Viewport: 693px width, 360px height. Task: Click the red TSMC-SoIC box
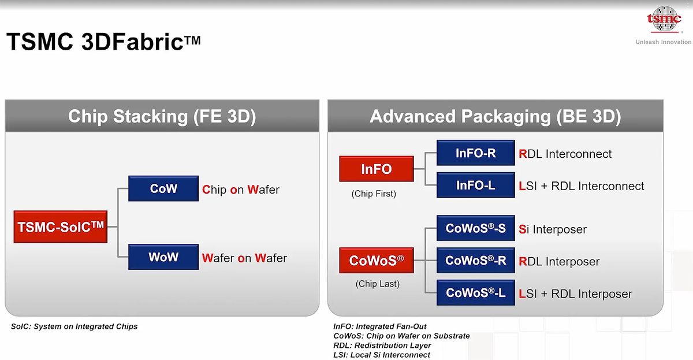click(61, 227)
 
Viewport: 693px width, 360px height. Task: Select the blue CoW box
click(163, 188)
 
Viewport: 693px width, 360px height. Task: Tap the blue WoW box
click(163, 257)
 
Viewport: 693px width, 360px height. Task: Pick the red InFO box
click(377, 169)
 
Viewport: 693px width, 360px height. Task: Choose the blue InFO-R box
click(475, 153)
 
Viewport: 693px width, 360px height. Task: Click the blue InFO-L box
click(475, 185)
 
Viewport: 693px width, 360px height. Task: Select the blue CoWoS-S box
click(475, 228)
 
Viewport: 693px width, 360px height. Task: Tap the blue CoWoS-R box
click(475, 261)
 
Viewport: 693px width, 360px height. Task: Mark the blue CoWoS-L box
click(475, 293)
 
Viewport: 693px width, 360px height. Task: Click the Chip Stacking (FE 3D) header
click(162, 116)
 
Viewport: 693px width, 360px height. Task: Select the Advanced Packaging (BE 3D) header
click(495, 116)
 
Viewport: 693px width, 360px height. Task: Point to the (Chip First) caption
click(374, 194)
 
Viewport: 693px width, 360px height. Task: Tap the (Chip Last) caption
click(378, 284)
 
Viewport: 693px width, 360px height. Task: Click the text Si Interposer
click(553, 229)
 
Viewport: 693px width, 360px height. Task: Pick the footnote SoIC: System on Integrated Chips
click(74, 326)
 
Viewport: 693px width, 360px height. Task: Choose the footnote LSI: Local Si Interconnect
click(382, 355)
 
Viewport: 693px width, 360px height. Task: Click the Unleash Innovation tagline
click(663, 42)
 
